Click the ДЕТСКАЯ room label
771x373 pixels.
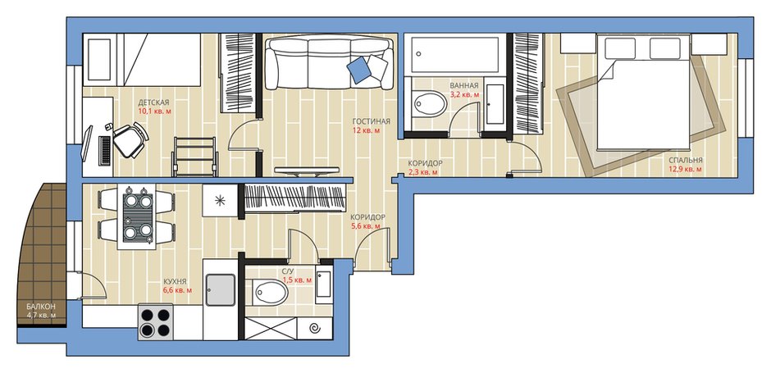[153, 102]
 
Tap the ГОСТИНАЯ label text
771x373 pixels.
[372, 121]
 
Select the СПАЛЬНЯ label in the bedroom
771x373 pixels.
[685, 160]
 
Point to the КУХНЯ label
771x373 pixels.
[175, 281]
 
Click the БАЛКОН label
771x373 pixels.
[41, 306]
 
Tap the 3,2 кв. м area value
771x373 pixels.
[465, 94]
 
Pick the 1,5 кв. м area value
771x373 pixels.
[297, 280]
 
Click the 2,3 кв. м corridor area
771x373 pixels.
[423, 172]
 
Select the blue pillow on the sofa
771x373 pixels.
[359, 69]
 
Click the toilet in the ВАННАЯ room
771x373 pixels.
[429, 103]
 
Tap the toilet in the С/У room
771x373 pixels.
[268, 293]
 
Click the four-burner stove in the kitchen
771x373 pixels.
[155, 321]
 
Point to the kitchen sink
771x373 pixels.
[221, 290]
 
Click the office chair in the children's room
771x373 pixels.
[130, 139]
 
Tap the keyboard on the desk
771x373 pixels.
[105, 150]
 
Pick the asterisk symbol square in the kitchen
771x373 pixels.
[221, 200]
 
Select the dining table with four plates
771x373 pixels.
[137, 216]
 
